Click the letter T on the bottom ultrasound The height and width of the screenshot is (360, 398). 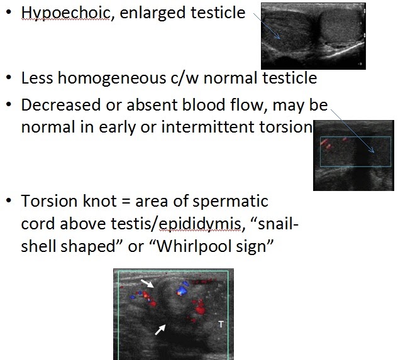(x=220, y=324)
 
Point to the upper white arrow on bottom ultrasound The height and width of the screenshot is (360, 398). (x=146, y=284)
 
